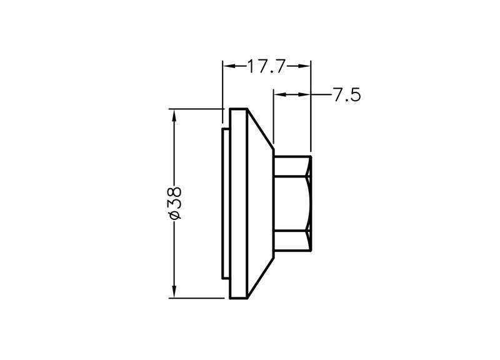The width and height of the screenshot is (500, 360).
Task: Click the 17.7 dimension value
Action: coord(266,66)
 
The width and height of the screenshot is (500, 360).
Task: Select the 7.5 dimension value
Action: coord(347,95)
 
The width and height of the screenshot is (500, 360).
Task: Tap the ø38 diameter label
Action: coord(175,203)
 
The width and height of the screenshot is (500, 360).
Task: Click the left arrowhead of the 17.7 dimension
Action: coord(229,66)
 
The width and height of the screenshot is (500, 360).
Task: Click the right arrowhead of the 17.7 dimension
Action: coord(304,66)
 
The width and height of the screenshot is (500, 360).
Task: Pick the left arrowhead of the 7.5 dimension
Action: coord(281,94)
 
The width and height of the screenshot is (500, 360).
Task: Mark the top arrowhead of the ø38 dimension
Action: coord(174,115)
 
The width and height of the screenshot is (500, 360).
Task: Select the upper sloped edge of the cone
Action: coord(260,129)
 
